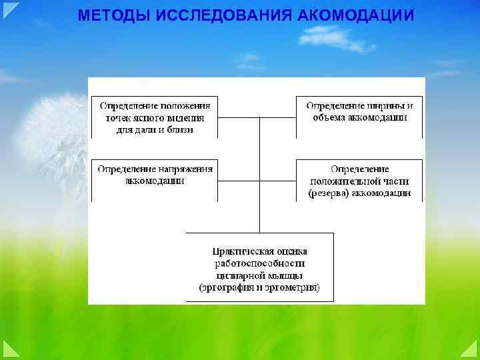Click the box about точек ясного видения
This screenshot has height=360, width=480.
point(155,117)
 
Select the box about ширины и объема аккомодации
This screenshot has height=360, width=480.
point(359,112)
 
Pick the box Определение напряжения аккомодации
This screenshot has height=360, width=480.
point(155,175)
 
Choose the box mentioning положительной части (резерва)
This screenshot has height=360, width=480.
point(359,181)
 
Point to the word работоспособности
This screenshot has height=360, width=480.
point(259,263)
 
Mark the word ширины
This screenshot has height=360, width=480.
point(383,105)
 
